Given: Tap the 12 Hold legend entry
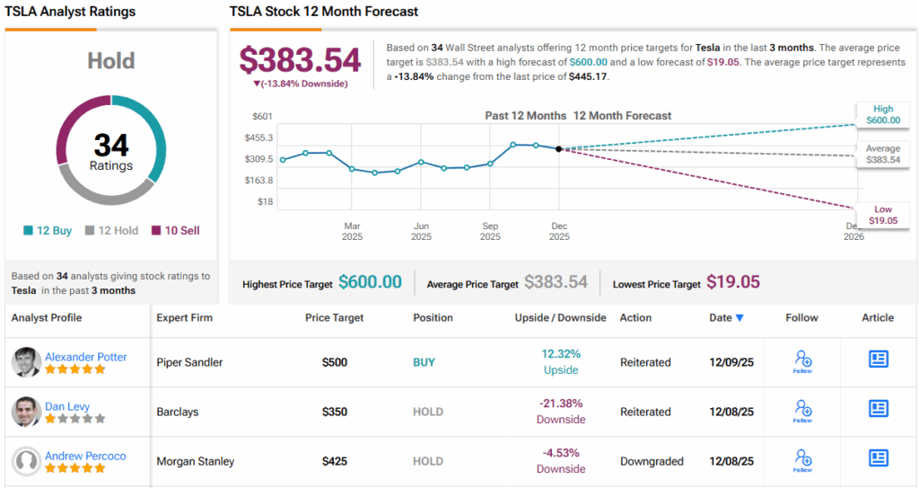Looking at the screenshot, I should point(111,230).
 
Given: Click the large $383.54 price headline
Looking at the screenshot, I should point(300,60).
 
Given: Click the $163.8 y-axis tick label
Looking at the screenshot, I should point(259,180).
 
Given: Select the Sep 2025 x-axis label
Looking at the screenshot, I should point(490,231).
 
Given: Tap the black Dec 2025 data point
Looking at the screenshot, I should point(559,148).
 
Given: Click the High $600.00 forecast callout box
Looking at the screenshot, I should point(883,113).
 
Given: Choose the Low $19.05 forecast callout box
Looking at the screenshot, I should point(883,215).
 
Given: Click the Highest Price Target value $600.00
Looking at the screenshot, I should point(370,282).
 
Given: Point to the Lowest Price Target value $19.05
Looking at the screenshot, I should point(732,282).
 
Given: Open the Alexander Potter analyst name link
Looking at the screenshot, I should point(85,357).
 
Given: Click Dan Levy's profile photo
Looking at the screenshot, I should point(26,412).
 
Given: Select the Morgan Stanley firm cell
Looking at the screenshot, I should point(195,461).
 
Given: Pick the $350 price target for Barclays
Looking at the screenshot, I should point(334,412).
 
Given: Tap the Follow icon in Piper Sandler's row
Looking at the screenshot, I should point(802,362).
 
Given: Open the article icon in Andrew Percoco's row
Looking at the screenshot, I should point(878,458).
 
